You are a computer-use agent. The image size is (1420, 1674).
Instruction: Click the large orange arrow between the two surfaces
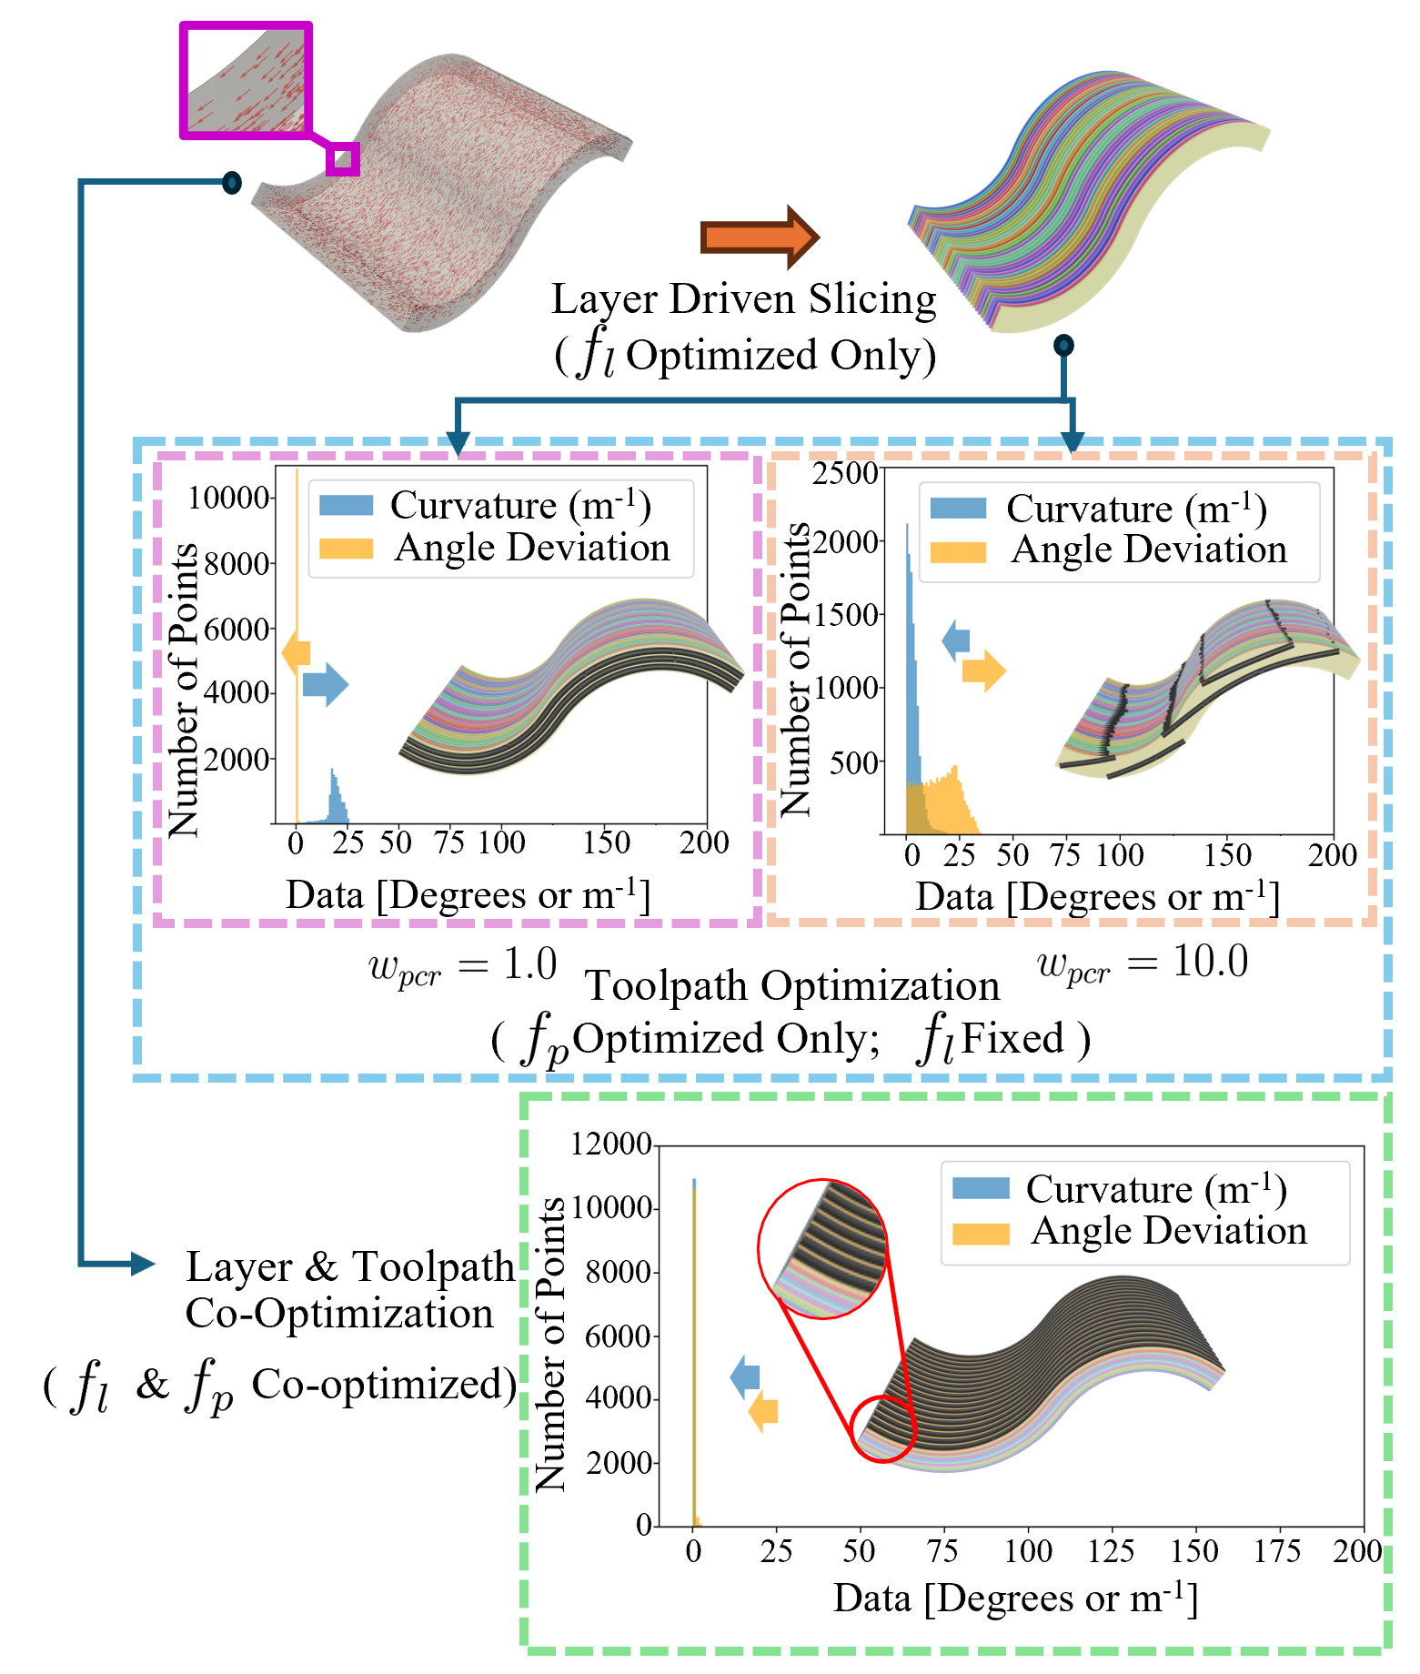pyautogui.click(x=760, y=237)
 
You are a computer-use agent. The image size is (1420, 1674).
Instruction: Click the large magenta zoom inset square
pyautogui.click(x=246, y=81)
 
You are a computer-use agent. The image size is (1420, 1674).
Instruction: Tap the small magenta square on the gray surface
pyautogui.click(x=343, y=159)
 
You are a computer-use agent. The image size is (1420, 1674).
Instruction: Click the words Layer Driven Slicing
pyautogui.click(x=743, y=299)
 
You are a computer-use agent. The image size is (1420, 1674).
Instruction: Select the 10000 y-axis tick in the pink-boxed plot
pyautogui.click(x=228, y=498)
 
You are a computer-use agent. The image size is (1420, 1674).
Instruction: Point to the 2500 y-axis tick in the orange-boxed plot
pyautogui.click(x=844, y=473)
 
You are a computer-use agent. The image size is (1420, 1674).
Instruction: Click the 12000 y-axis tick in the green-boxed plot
pyautogui.click(x=610, y=1144)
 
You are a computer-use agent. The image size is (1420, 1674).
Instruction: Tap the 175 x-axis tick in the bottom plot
pyautogui.click(x=1277, y=1550)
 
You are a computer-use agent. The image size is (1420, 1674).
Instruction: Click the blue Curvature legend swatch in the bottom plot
pyautogui.click(x=981, y=1188)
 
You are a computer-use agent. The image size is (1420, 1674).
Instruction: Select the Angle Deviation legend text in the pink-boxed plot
pyautogui.click(x=532, y=548)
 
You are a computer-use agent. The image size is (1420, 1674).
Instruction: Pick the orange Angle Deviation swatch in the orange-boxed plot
pyautogui.click(x=958, y=551)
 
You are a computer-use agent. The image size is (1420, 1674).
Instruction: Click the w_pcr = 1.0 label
pyautogui.click(x=462, y=965)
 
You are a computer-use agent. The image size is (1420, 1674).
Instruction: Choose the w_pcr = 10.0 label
pyautogui.click(x=1143, y=963)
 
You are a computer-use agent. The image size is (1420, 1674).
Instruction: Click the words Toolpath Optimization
pyautogui.click(x=791, y=985)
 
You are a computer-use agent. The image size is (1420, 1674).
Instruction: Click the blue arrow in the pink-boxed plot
pyautogui.click(x=325, y=683)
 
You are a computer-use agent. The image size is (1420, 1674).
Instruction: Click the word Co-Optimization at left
pyautogui.click(x=339, y=1313)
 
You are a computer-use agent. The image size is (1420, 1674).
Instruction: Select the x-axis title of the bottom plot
pyautogui.click(x=1015, y=1599)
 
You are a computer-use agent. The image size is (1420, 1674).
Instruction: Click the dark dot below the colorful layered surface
pyautogui.click(x=1063, y=345)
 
